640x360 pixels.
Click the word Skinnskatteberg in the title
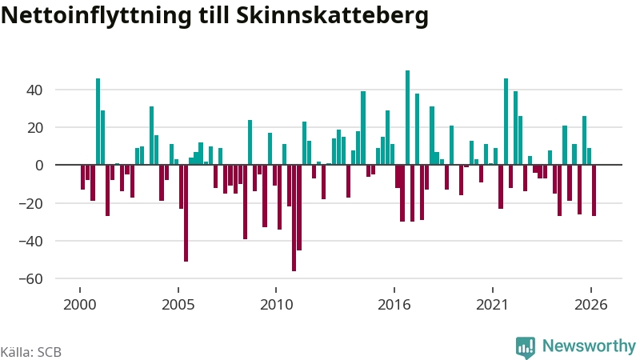[332, 15]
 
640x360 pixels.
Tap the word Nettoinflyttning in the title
[96, 15]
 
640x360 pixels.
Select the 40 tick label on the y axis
[34, 90]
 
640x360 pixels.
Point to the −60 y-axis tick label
[30, 278]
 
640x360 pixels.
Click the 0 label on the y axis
[39, 166]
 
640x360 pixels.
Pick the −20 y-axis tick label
[30, 203]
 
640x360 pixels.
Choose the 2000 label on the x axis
[80, 305]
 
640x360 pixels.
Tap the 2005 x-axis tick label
[178, 305]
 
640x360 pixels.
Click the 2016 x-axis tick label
[394, 305]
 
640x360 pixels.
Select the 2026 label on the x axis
[591, 305]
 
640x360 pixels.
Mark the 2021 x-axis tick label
[492, 305]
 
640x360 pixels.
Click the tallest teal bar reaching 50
[407, 118]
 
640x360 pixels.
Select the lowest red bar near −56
[294, 218]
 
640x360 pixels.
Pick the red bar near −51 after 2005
[186, 213]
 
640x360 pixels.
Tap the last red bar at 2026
[594, 190]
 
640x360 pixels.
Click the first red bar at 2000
[83, 177]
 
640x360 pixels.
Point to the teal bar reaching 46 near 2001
[98, 122]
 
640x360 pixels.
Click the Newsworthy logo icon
[526, 348]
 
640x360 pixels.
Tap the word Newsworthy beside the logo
[589, 346]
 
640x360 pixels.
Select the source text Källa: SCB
[31, 352]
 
